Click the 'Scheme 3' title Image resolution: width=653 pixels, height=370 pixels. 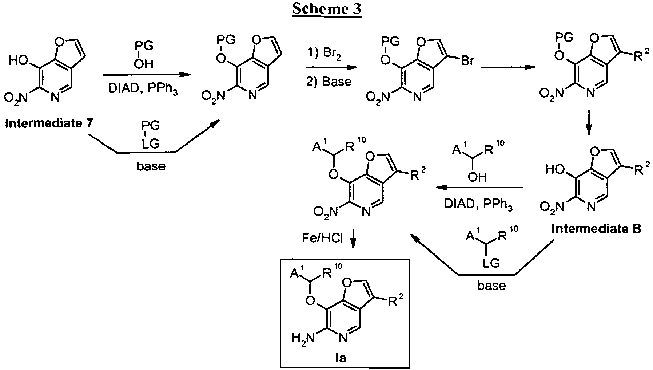(327, 9)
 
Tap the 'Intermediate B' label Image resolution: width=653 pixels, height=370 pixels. (596, 229)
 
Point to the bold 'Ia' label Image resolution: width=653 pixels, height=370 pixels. (340, 358)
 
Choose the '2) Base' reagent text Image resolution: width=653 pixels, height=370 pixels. (329, 82)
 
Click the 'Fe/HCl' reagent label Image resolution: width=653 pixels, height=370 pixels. (322, 238)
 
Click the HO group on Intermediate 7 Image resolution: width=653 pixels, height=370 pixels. (18, 60)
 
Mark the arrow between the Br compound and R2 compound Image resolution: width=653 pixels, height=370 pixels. (508, 67)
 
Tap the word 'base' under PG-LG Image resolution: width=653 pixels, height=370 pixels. (151, 166)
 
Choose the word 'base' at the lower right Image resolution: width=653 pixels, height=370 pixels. (491, 286)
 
